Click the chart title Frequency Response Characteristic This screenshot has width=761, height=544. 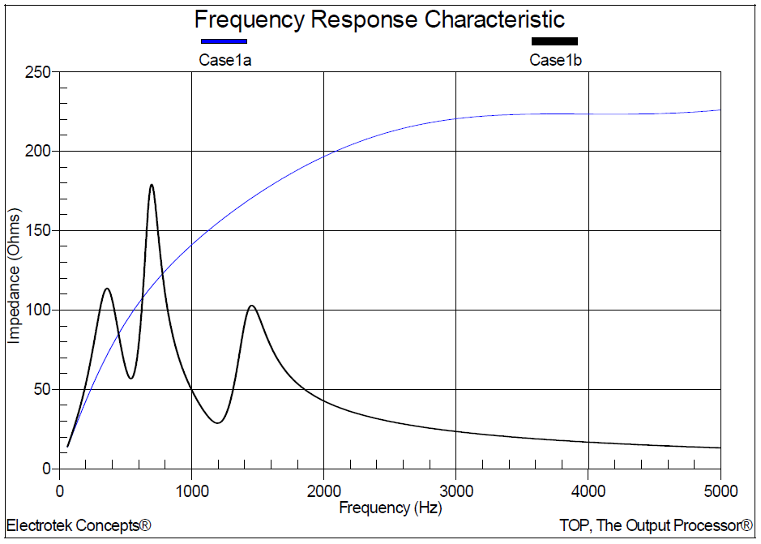point(379,19)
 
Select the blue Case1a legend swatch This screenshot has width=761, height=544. point(224,41)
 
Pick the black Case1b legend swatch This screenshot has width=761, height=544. point(554,41)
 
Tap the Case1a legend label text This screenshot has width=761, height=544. point(224,59)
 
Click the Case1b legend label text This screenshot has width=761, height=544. point(555,59)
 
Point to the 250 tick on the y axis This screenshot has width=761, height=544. point(37,72)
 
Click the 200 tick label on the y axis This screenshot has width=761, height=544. point(37,152)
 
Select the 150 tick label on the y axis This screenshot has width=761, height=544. point(37,231)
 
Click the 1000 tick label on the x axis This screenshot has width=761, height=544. point(191,490)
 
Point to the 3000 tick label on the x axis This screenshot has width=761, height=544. point(456,490)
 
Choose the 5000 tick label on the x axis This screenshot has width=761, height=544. point(720,490)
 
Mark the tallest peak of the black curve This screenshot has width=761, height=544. point(152,185)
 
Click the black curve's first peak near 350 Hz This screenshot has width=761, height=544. point(106,289)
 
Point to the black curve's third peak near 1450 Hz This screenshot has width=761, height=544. point(252,306)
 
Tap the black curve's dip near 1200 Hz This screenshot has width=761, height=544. point(217,422)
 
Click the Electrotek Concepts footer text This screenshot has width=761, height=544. point(79,525)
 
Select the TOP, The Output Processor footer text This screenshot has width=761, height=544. point(656,525)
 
